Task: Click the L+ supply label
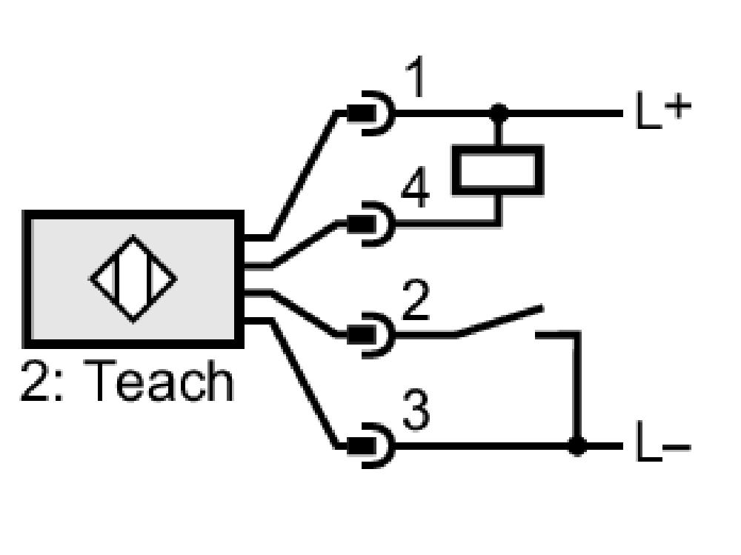pos(663,110)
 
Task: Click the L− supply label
pos(663,442)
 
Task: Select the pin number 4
pos(416,187)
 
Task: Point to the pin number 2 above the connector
pos(416,299)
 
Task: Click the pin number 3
pos(416,409)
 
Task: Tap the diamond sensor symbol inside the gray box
pos(133,279)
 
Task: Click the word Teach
pos(158,381)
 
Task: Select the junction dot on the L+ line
pos(499,113)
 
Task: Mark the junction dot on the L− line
pos(577,446)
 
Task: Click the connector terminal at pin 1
pos(370,113)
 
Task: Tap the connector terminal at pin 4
pos(370,224)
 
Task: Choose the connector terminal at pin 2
pos(370,335)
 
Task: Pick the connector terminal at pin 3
pos(370,446)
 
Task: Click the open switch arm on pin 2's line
pos(500,322)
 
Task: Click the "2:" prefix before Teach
pos(41,381)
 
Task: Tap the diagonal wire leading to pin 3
pos(303,384)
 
